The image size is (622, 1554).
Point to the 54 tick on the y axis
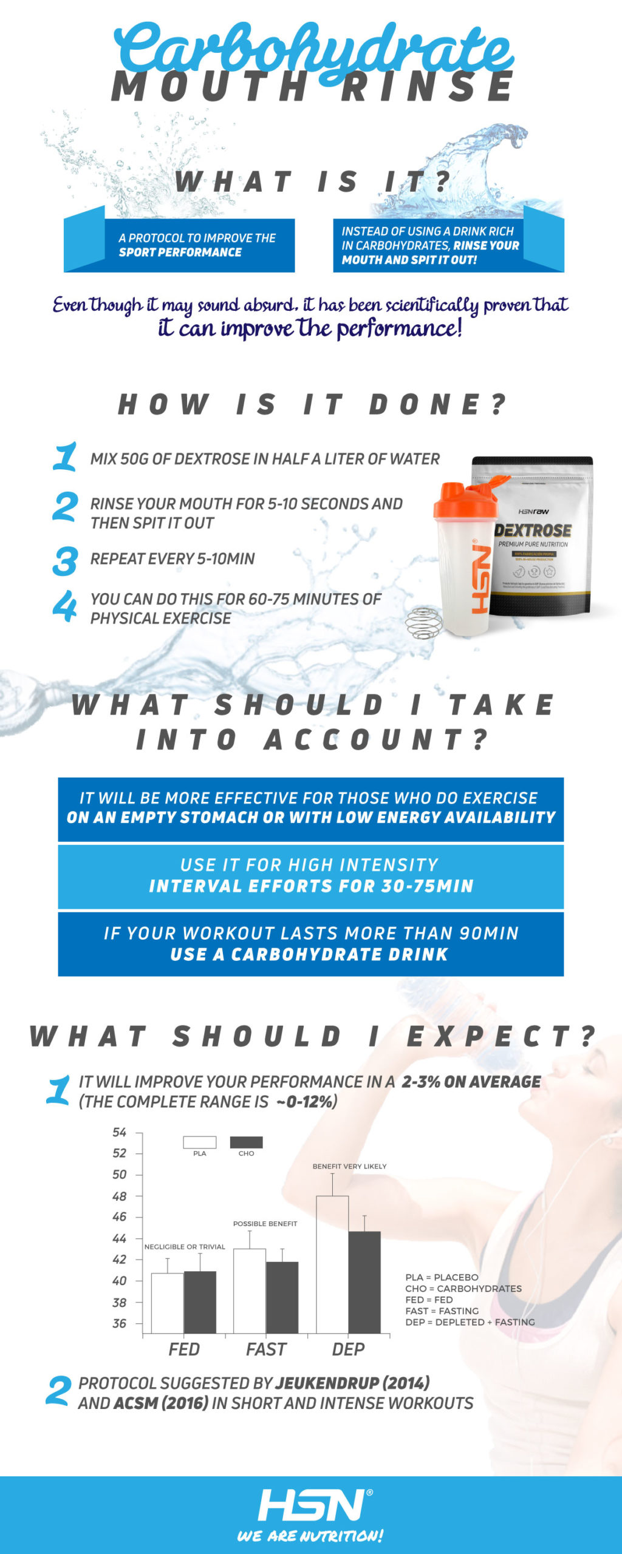(119, 1132)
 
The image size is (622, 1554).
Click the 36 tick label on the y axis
(119, 1323)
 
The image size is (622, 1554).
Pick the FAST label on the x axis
(266, 1349)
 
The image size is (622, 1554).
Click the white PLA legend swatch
(200, 1142)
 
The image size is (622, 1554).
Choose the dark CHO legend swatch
(246, 1142)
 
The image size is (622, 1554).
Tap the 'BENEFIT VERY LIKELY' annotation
(349, 1166)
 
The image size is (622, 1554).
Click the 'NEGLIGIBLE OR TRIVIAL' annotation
(185, 1246)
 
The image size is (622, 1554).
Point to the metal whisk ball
(423, 623)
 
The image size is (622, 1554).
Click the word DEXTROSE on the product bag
(533, 530)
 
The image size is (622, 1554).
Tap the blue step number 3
(65, 561)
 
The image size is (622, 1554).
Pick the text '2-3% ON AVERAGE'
(471, 1082)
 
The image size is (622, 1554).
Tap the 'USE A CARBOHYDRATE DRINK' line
(309, 954)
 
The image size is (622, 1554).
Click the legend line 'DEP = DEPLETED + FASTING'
(470, 1322)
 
